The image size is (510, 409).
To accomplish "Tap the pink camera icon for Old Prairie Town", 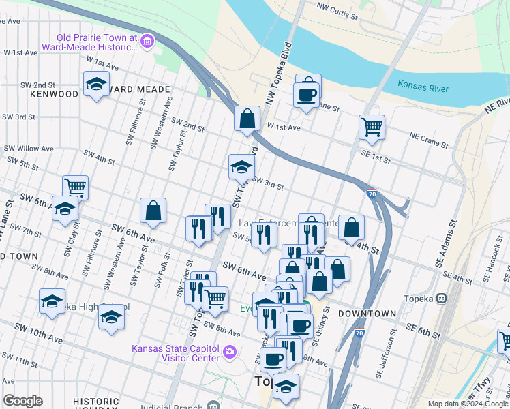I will click(147, 43).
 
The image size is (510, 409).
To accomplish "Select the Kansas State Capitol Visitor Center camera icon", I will click(229, 352).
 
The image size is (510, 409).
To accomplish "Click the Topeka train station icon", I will click(442, 299).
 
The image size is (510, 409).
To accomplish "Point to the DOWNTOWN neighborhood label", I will click(370, 314).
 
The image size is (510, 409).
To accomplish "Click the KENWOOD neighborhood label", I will click(54, 93).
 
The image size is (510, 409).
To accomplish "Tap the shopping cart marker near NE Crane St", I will click(372, 126).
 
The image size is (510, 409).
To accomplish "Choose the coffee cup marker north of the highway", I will click(307, 94).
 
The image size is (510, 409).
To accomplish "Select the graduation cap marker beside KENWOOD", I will click(97, 85).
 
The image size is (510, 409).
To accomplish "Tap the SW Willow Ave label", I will click(29, 148).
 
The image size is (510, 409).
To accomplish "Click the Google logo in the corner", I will click(22, 401).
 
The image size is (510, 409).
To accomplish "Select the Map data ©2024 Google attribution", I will click(467, 404).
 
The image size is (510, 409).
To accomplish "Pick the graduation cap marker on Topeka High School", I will click(111, 318).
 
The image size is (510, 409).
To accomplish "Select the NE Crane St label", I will click(429, 140).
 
